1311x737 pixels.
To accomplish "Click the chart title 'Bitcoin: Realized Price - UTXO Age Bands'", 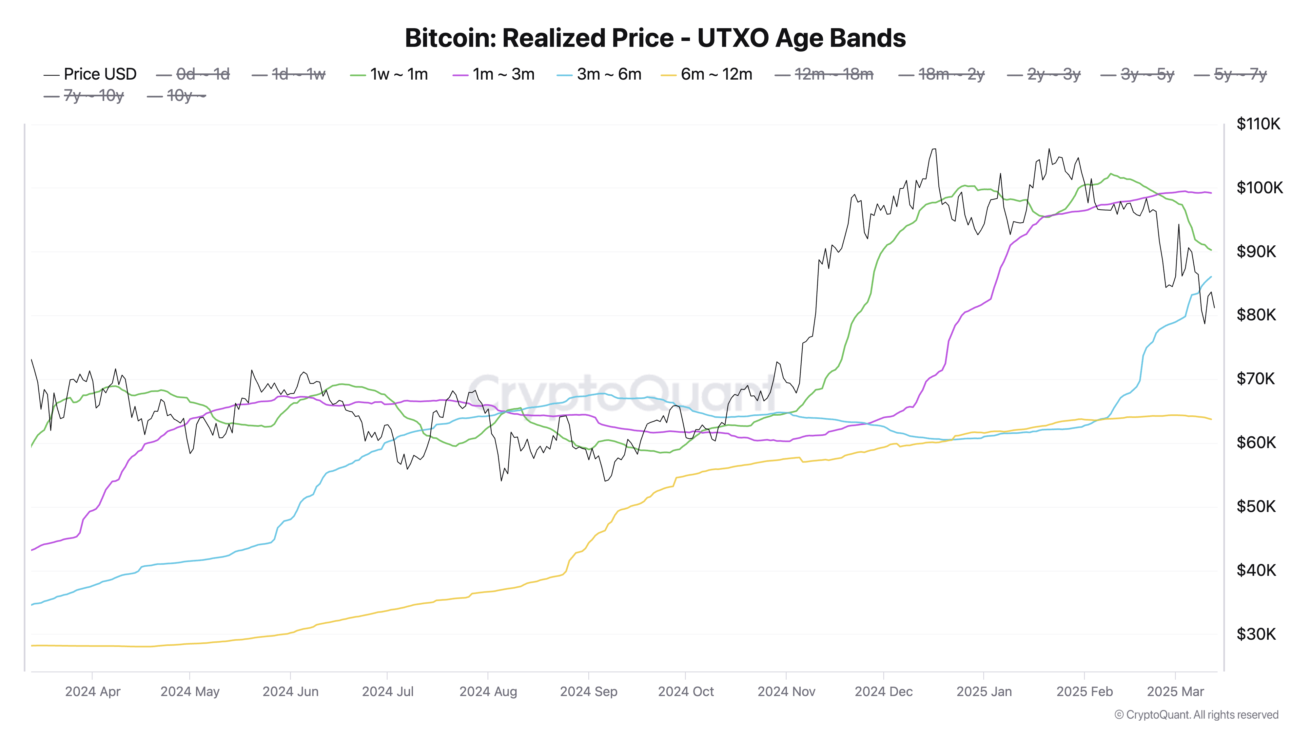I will tap(655, 38).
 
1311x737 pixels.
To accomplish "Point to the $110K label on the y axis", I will tap(1258, 123).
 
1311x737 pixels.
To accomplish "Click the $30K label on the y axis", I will tap(1256, 634).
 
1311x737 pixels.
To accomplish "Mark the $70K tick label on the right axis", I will tap(1256, 378).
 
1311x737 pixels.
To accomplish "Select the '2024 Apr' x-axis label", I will tap(93, 691).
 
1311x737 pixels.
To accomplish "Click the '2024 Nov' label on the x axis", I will tap(786, 691).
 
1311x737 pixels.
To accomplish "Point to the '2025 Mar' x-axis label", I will tap(1175, 691).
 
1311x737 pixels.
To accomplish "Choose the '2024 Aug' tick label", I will tap(488, 691).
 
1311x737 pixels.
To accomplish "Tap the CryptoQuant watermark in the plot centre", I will tap(623, 394).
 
